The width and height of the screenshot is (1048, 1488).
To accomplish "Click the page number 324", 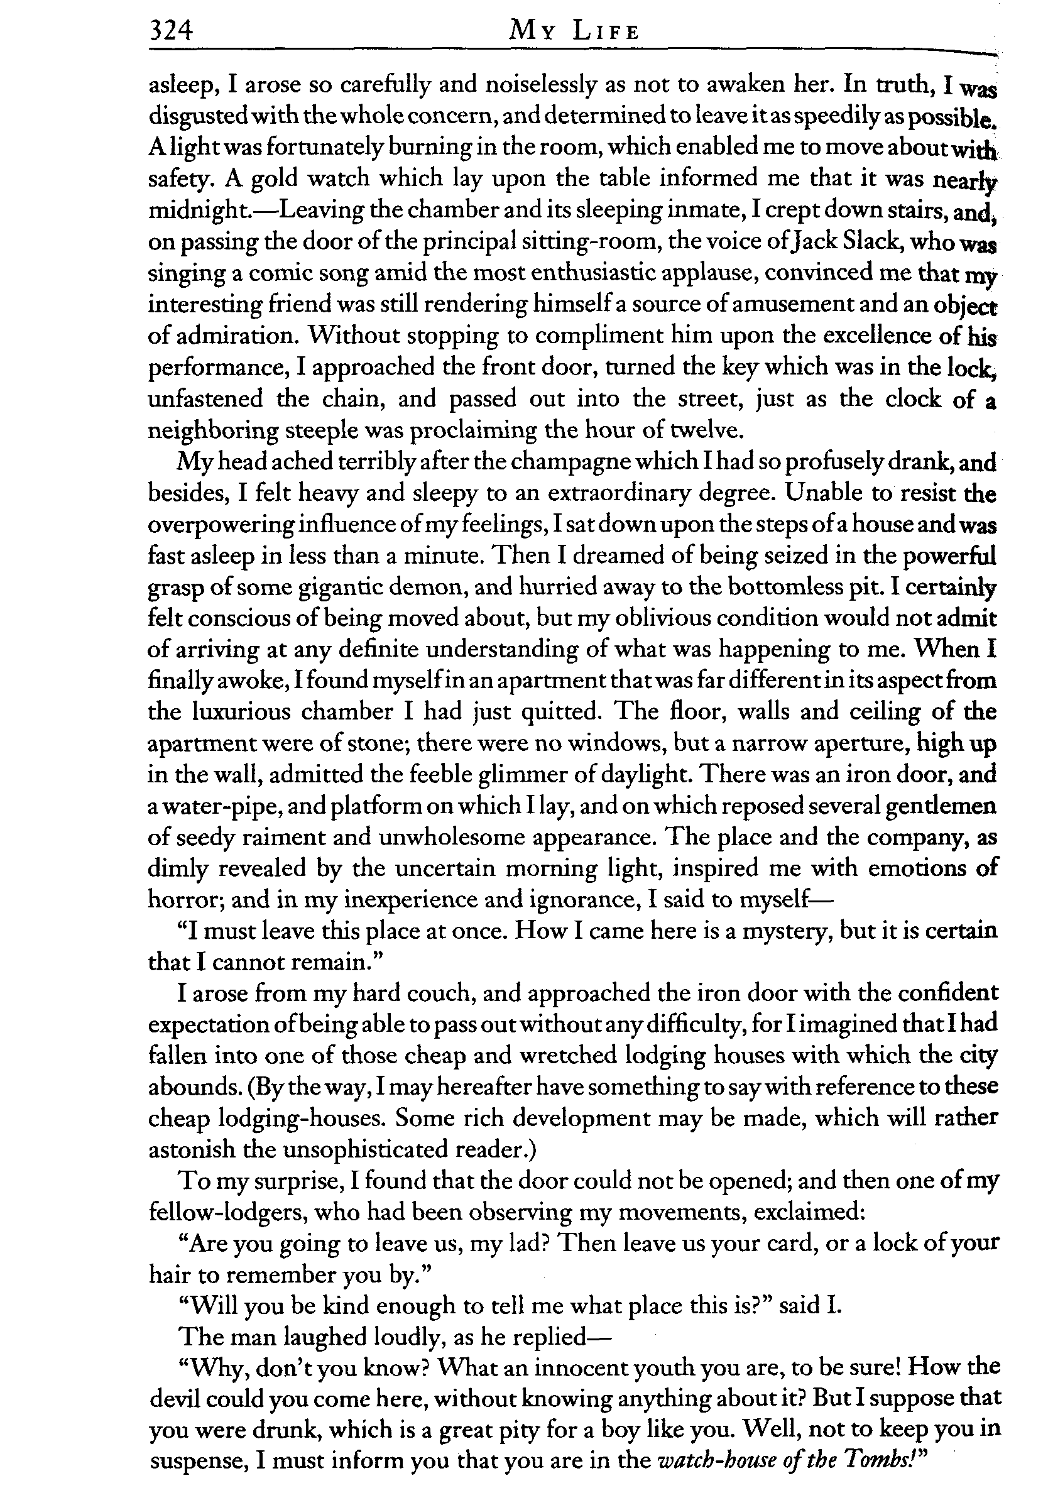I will tap(171, 30).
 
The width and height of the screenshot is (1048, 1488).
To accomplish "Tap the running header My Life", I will tap(574, 30).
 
